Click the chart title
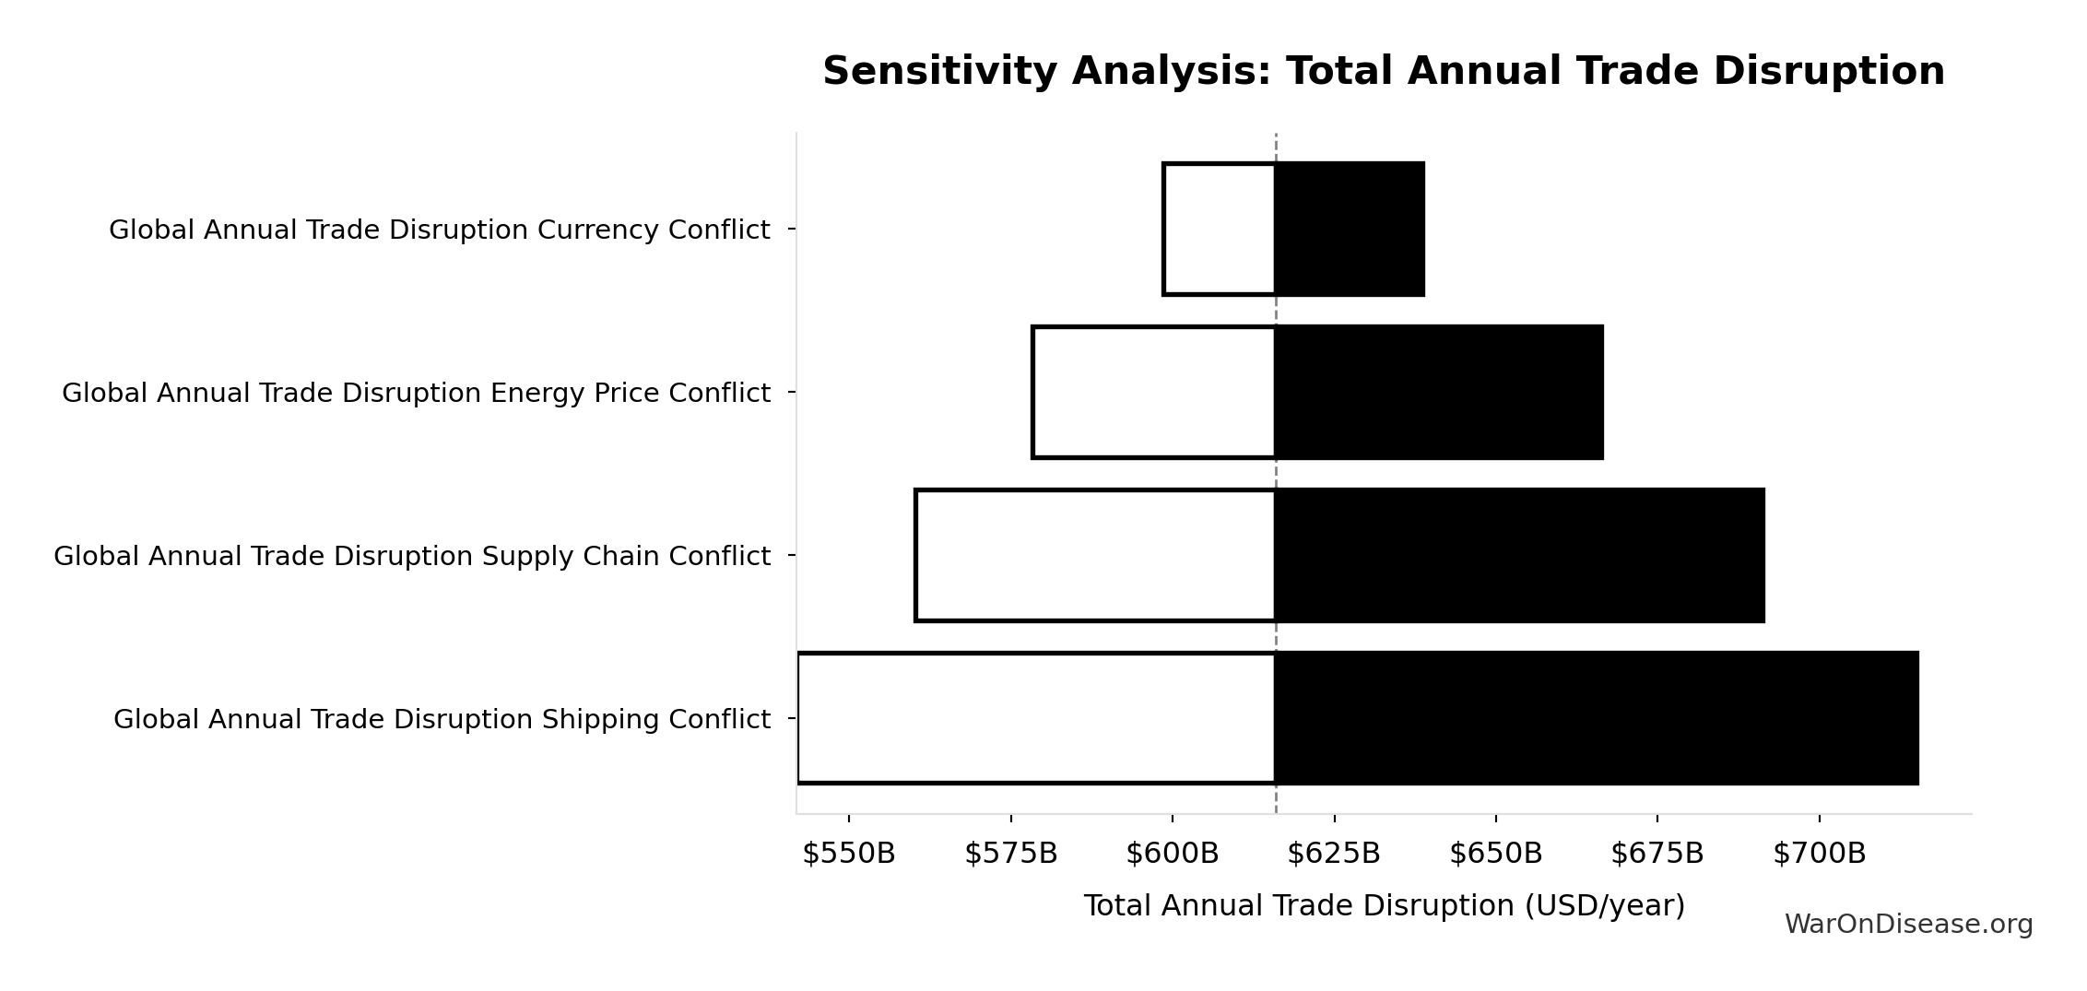coord(1383,72)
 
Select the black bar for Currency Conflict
coord(1350,229)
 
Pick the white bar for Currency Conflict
coord(1220,229)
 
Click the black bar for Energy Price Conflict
coord(1439,392)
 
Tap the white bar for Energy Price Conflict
coord(1154,392)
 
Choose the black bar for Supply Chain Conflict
coord(1519,555)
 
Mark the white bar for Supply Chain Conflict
coord(1095,555)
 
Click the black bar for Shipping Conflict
coord(1597,718)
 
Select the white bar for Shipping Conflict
coord(1036,718)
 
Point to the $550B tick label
coord(848,854)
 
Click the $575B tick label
coord(1010,854)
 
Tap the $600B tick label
coord(1172,854)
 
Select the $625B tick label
coord(1333,854)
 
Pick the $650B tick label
coord(1495,854)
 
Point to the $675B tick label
coord(1657,854)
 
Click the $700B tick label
coord(1819,854)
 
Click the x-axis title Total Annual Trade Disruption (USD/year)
coord(1384,905)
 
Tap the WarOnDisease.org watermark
coord(1908,924)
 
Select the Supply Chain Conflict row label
coord(411,556)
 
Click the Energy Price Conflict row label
coord(416,393)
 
